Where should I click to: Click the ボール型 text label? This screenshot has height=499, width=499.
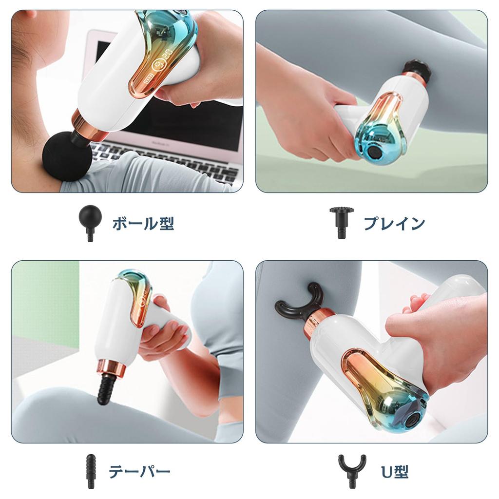(x=143, y=224)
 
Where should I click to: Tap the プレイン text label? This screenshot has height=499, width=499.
(x=394, y=224)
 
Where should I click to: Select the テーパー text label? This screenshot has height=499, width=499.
(x=139, y=472)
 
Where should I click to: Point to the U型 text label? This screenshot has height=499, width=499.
(x=394, y=472)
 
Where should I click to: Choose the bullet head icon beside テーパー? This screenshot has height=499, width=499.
(x=90, y=471)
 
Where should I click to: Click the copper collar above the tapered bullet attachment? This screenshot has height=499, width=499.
(x=112, y=368)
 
